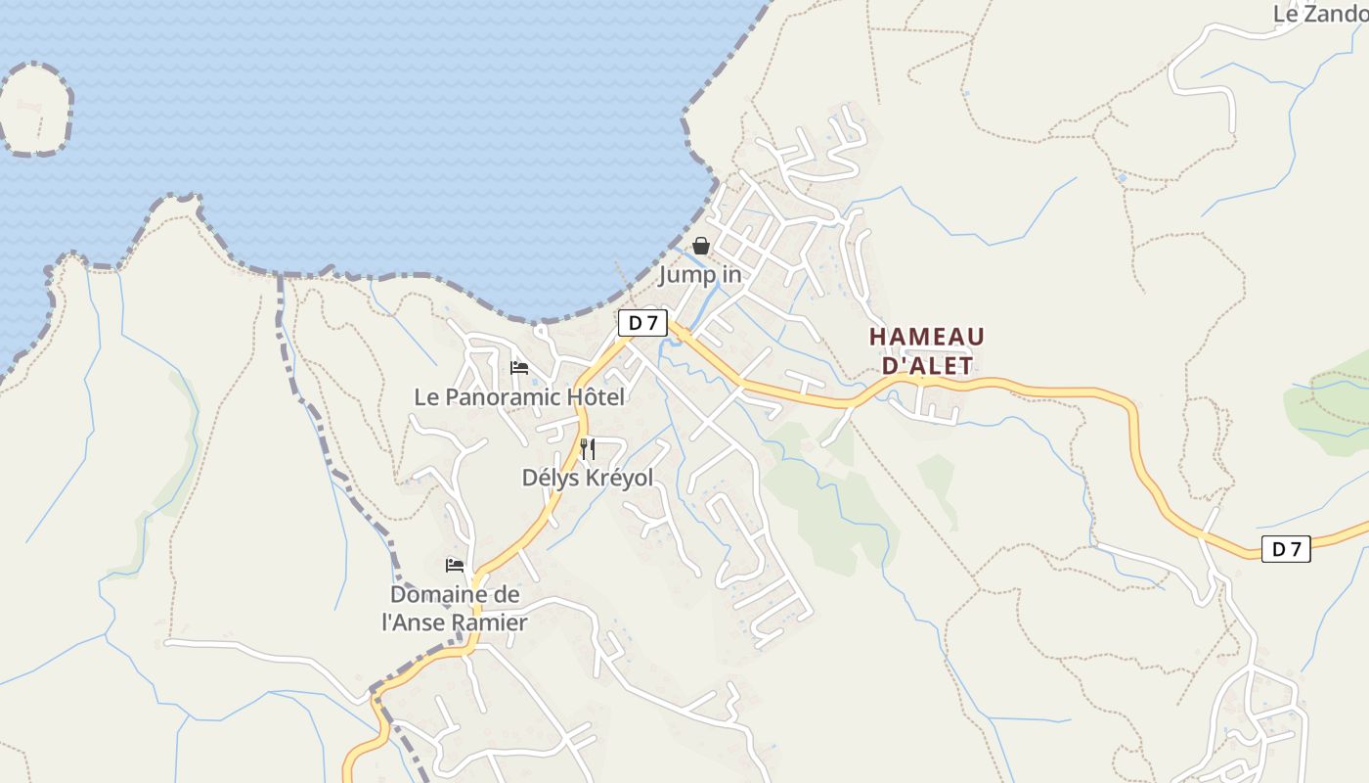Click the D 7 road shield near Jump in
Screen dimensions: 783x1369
click(642, 323)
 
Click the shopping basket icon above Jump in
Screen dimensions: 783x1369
click(701, 246)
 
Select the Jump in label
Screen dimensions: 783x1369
click(700, 275)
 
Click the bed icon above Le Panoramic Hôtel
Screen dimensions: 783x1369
click(519, 368)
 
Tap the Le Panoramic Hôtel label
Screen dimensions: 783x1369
click(519, 397)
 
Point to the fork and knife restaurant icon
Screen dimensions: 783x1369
click(588, 449)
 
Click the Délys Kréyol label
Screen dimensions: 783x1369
click(588, 478)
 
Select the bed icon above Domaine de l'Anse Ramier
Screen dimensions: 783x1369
click(455, 565)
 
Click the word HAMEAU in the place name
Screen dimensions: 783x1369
click(927, 338)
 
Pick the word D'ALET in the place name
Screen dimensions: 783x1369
click(927, 366)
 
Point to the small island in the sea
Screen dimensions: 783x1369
click(35, 109)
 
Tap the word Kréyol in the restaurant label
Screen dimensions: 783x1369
click(619, 478)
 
